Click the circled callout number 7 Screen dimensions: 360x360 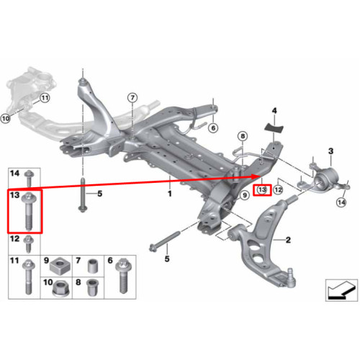tap(132, 98)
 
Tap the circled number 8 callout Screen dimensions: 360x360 tap(243, 136)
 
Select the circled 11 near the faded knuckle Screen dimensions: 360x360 tap(45, 98)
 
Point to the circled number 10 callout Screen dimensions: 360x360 tap(6, 118)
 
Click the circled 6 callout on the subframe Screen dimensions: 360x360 tap(213, 128)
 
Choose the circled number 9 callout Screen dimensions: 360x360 tap(245, 195)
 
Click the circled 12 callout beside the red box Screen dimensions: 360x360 tap(278, 190)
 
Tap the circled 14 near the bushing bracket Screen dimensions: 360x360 tap(341, 202)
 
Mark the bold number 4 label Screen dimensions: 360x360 tap(274, 111)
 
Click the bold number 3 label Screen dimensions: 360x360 tap(330, 151)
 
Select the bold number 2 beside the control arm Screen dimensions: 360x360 tap(288, 240)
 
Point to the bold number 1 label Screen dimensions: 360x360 tap(170, 194)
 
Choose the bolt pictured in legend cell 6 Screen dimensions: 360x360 tap(122, 276)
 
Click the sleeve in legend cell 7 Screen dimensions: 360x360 tap(92, 266)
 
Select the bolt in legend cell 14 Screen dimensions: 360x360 tap(29, 179)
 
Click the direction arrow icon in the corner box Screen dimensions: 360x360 tap(341, 290)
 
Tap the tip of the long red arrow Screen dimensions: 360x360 tap(261, 176)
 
